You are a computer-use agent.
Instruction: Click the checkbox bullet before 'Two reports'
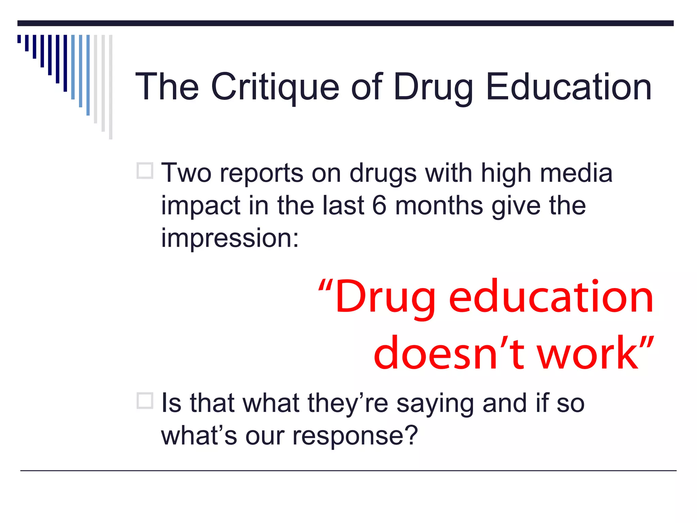pos(145,171)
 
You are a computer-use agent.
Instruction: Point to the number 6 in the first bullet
pos(379,205)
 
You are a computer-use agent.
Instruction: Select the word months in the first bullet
pos(439,205)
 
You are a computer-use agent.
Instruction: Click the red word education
pos(551,296)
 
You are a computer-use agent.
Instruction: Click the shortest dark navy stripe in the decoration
pos(19,39)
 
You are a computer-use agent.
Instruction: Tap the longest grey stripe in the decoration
pos(111,87)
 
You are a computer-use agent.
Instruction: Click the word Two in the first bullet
pos(186,173)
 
